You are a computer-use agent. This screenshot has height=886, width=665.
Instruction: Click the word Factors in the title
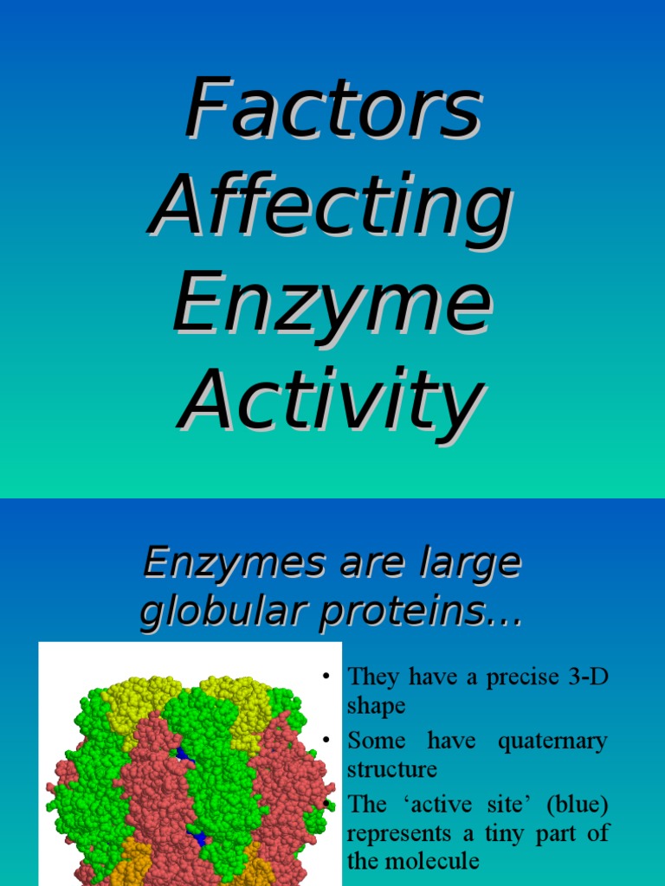332,110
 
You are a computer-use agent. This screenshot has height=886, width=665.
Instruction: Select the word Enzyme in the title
332,305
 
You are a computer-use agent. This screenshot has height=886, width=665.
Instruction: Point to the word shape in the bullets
376,706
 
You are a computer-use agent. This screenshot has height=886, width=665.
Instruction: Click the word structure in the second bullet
391,768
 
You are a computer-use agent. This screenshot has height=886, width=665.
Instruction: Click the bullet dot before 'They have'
326,676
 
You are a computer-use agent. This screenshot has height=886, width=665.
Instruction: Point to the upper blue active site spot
183,754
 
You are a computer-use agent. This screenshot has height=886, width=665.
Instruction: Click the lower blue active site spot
198,838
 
